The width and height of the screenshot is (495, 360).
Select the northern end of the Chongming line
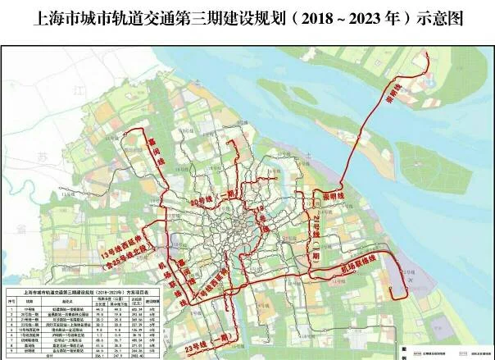point(429,56)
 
